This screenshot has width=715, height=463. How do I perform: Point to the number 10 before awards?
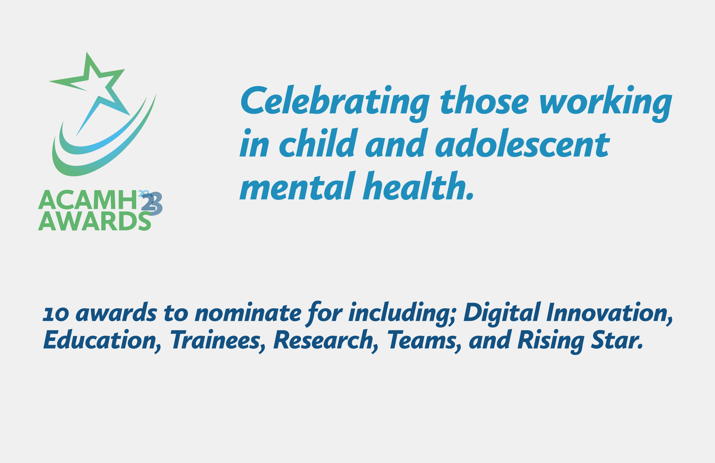click(x=56, y=314)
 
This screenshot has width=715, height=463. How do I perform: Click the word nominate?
click(x=248, y=312)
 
